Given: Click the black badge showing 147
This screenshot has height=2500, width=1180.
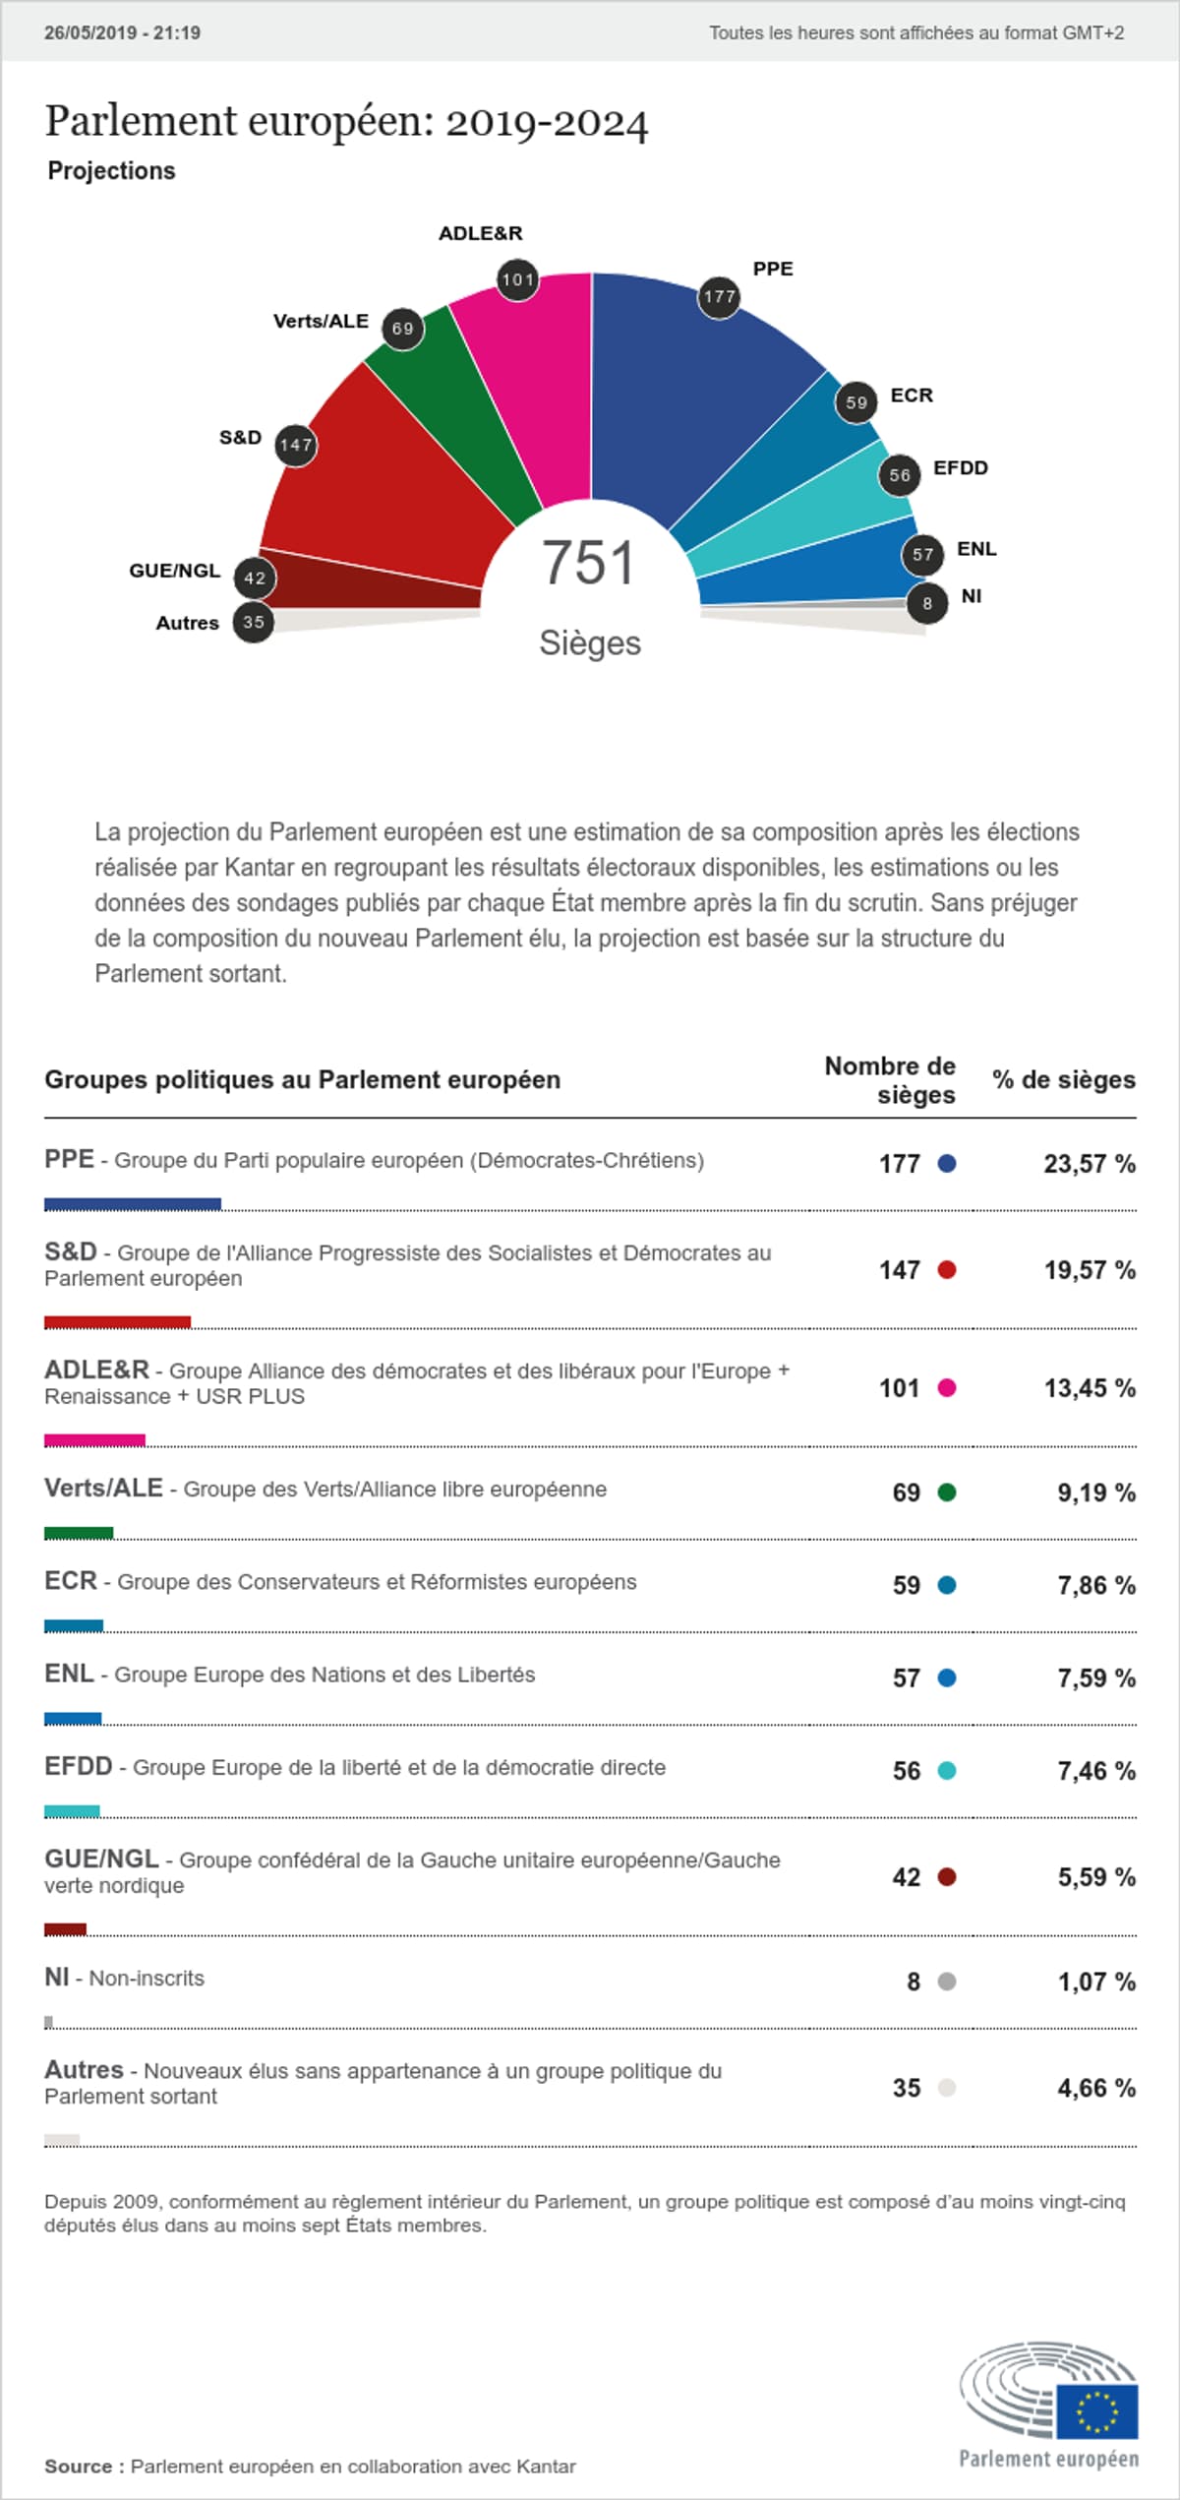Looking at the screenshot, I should pyautogui.click(x=295, y=446).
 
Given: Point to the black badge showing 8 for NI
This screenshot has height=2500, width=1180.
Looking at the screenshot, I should pyautogui.click(x=926, y=603).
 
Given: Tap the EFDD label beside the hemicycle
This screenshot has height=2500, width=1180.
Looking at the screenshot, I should pyautogui.click(x=960, y=468).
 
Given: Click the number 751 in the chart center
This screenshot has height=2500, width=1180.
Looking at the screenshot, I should pyautogui.click(x=588, y=563).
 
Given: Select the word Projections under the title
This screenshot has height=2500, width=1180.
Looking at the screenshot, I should pyautogui.click(x=111, y=170).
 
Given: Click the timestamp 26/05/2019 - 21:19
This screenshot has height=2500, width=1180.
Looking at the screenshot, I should pyautogui.click(x=122, y=32).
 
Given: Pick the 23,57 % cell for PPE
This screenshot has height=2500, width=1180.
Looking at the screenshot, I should pyautogui.click(x=1089, y=1164).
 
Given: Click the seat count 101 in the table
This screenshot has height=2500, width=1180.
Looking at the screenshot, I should pyautogui.click(x=899, y=1388).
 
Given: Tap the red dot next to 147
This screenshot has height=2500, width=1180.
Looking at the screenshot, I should pyautogui.click(x=947, y=1270).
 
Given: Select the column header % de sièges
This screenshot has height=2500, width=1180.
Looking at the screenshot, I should pyautogui.click(x=1063, y=1080).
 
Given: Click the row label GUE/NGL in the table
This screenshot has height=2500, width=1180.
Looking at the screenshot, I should pyautogui.click(x=101, y=1859).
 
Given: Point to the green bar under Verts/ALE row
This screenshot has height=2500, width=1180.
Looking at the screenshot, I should pyautogui.click(x=79, y=1533).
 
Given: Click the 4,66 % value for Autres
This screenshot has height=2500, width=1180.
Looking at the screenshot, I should pyautogui.click(x=1095, y=2088).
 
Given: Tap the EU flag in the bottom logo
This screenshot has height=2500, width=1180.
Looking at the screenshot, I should pyautogui.click(x=1097, y=2411).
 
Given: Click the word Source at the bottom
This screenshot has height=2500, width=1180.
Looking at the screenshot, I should pyautogui.click(x=78, y=2466).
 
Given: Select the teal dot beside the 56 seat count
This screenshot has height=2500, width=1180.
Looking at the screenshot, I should pyautogui.click(x=947, y=1771).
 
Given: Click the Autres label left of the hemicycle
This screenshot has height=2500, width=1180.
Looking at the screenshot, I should pyautogui.click(x=187, y=623).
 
